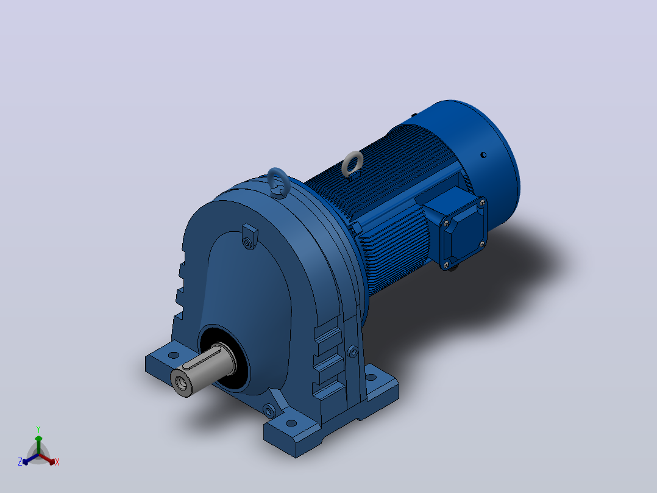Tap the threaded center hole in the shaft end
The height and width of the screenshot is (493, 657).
pos(182,382)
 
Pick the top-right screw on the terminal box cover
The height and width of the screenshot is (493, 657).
pos(481,203)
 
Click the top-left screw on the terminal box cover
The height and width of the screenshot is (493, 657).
pos(446,223)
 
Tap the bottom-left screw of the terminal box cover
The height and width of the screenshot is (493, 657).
pos(446,264)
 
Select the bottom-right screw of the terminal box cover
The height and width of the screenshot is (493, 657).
pos(481,244)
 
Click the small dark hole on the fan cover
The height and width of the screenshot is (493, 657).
pos(483,155)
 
